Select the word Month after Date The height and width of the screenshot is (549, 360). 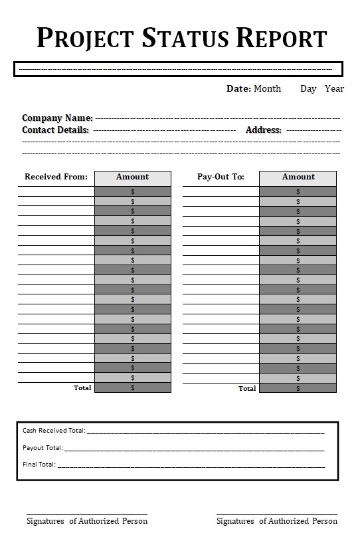pos(267,88)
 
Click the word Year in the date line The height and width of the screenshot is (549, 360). pos(334,88)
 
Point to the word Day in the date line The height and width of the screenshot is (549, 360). pos(308,88)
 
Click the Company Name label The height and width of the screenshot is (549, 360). pos(57,118)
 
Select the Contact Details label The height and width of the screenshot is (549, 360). pos(55,130)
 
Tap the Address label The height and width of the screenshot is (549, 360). pos(263,130)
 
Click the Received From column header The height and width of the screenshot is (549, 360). pos(56,177)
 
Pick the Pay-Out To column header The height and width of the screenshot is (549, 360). pos(221,177)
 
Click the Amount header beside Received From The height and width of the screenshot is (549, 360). pos(132,177)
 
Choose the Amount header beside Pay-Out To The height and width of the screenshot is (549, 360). pos(298,177)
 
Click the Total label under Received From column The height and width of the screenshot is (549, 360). pos(82,387)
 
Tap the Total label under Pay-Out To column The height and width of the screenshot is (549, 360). pos(247,388)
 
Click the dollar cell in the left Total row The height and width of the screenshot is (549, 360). pos(132,387)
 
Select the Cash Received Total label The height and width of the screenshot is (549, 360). pos(53,431)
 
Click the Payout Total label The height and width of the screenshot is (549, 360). pos(43,448)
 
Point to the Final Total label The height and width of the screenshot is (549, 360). pos(39,465)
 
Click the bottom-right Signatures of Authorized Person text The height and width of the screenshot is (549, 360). pos(276,521)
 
